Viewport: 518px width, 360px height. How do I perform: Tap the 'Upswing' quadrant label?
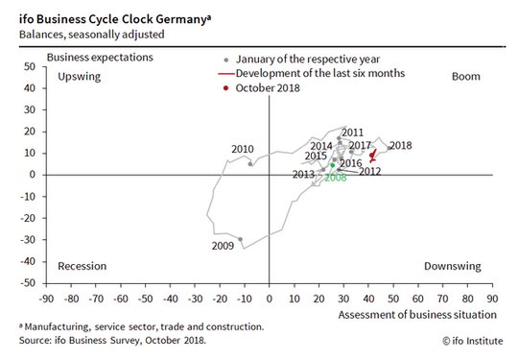pos(80,77)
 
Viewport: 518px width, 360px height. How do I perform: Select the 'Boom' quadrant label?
pos(466,77)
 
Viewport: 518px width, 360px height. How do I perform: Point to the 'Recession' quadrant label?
pos(82,266)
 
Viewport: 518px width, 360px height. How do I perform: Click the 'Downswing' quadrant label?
pos(452,267)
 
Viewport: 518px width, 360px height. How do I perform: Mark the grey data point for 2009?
pos(240,239)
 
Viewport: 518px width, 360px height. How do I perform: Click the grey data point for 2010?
pos(250,164)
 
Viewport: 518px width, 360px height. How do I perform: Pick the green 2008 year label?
pos(336,178)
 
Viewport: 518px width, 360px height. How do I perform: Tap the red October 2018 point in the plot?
pos(372,155)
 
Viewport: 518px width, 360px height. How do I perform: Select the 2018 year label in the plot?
pos(401,146)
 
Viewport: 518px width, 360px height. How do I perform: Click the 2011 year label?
pos(352,132)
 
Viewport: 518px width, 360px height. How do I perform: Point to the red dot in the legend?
pos(226,88)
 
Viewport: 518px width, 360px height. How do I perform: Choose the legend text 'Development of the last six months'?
pos(320,73)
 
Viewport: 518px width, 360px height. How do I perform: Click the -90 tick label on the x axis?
pos(46,299)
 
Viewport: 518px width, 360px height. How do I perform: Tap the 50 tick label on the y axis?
pos(30,66)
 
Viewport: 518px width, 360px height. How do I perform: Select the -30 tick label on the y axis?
pos(28,240)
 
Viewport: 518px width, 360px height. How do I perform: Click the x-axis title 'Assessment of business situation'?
pos(417,315)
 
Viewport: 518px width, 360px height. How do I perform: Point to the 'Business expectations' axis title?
pos(100,58)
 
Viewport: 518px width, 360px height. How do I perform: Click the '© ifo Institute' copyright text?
pos(473,341)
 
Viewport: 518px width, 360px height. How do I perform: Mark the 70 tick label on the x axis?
pos(442,299)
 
